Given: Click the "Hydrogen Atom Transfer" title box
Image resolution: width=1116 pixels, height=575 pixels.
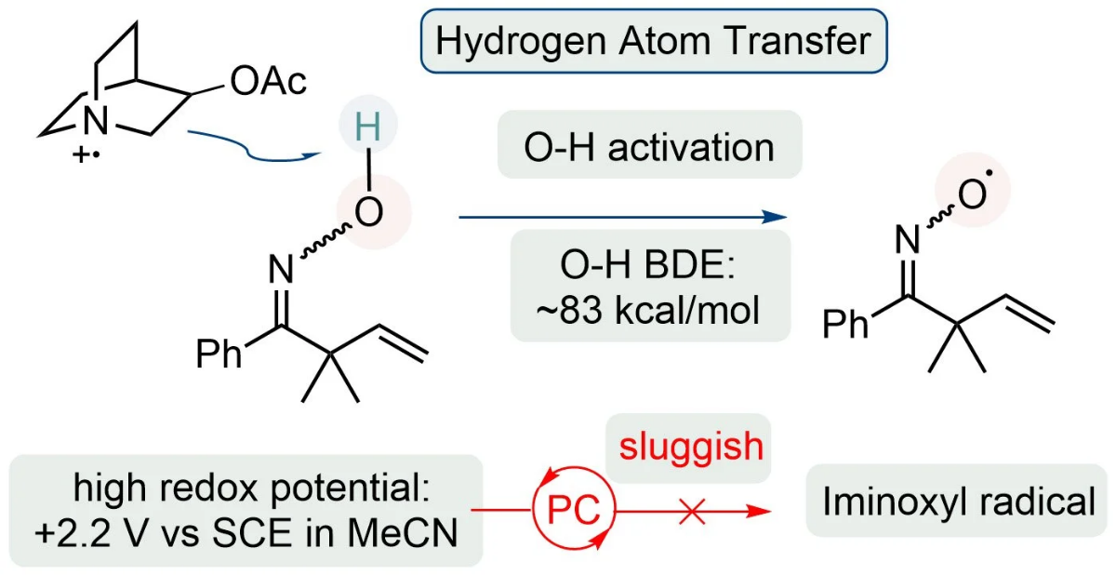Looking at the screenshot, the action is click(654, 41).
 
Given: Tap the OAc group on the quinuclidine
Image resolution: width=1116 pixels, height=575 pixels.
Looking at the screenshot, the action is click(268, 81).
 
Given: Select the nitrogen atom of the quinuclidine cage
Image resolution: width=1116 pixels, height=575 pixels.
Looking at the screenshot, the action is click(96, 120).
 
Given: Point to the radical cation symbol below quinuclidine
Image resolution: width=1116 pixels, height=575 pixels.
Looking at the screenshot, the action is click(86, 155).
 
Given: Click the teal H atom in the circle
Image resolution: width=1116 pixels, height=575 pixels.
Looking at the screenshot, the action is click(368, 127).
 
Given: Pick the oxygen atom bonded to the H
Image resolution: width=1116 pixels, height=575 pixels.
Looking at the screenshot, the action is click(368, 212).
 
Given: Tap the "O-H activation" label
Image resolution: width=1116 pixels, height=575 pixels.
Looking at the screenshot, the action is click(649, 148).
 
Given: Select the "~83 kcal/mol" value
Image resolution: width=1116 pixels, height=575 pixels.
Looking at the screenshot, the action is click(648, 310).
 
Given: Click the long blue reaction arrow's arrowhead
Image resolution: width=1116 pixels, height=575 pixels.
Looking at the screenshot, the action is click(776, 217).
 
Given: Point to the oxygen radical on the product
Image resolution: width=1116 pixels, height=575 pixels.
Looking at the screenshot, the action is click(973, 194).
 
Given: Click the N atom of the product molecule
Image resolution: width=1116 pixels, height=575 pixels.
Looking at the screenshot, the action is click(908, 240).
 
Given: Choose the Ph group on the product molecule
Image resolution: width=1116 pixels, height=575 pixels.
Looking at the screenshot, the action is click(845, 324).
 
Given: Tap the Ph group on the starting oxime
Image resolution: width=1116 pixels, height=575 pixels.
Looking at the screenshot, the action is click(219, 354).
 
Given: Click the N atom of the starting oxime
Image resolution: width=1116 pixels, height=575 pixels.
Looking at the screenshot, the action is click(281, 270).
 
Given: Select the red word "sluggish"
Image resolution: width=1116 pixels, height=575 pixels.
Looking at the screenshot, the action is click(691, 446).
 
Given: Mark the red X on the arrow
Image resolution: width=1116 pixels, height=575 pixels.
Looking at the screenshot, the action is click(692, 511).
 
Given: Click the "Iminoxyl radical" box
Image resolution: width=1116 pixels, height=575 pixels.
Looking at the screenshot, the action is click(957, 501).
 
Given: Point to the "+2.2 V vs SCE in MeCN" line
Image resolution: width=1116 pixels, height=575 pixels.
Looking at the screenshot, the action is click(246, 533).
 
